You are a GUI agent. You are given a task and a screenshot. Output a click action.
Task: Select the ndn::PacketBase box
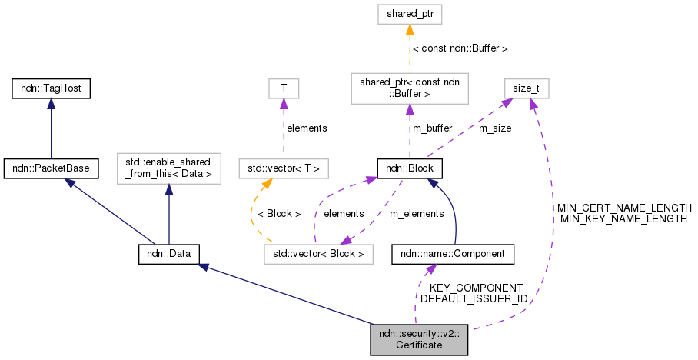click(x=51, y=167)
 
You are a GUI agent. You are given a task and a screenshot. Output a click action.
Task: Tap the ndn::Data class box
click(x=169, y=253)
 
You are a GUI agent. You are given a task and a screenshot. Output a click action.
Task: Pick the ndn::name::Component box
click(x=453, y=253)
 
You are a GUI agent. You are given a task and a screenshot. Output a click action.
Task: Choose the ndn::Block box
click(x=410, y=167)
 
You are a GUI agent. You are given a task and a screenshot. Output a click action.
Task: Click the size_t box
click(x=526, y=88)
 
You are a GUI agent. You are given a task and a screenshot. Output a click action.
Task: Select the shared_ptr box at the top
click(x=410, y=14)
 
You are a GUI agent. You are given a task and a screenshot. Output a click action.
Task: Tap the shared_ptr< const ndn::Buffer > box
click(x=410, y=88)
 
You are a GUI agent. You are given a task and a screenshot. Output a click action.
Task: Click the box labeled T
click(x=284, y=88)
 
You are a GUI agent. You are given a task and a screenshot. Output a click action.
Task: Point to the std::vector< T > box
click(x=284, y=167)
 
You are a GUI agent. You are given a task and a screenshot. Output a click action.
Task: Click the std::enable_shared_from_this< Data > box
click(x=168, y=167)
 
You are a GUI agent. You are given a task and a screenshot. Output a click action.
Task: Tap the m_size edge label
click(x=494, y=128)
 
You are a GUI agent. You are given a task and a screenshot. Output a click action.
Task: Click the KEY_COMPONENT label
click(x=475, y=287)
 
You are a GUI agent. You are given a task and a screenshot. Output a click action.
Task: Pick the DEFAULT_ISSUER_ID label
click(x=474, y=298)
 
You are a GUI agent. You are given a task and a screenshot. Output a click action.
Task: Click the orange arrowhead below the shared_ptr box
click(x=410, y=29)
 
